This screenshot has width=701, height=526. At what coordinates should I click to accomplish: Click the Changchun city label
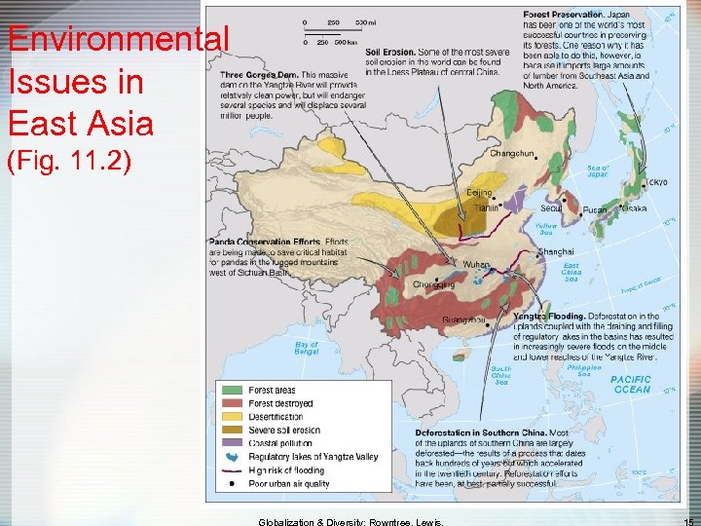[512, 153]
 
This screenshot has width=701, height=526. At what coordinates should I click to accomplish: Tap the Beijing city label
[480, 193]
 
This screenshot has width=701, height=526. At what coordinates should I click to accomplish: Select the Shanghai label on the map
[555, 251]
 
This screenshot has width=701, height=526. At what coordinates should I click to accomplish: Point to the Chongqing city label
[433, 285]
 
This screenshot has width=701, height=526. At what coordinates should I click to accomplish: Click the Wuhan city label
[476, 264]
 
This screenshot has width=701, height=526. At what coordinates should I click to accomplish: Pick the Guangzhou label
[463, 319]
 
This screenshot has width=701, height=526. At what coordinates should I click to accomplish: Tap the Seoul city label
[551, 207]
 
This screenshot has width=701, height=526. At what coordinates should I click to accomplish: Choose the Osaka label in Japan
[634, 208]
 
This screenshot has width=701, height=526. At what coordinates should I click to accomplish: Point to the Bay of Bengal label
[307, 348]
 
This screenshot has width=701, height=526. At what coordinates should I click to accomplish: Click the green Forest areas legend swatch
[234, 391]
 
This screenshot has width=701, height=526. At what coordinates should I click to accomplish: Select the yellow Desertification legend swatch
[234, 417]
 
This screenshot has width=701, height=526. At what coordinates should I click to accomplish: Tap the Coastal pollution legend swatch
[234, 443]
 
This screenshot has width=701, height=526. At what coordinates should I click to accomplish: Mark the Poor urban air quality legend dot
[234, 483]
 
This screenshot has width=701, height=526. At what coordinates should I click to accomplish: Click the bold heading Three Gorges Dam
[260, 75]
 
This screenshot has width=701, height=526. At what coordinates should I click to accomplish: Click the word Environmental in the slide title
[118, 41]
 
